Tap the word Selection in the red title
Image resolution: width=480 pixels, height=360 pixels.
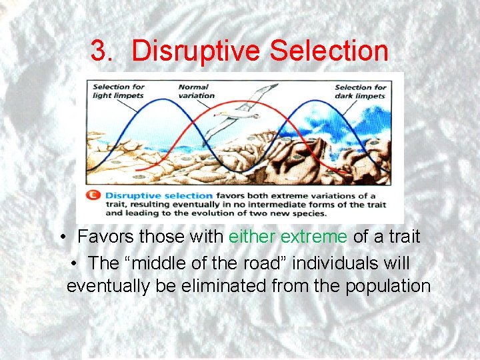329,51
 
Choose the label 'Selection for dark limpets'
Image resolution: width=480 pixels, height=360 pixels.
361,91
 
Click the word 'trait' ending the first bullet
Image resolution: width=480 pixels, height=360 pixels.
403,237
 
